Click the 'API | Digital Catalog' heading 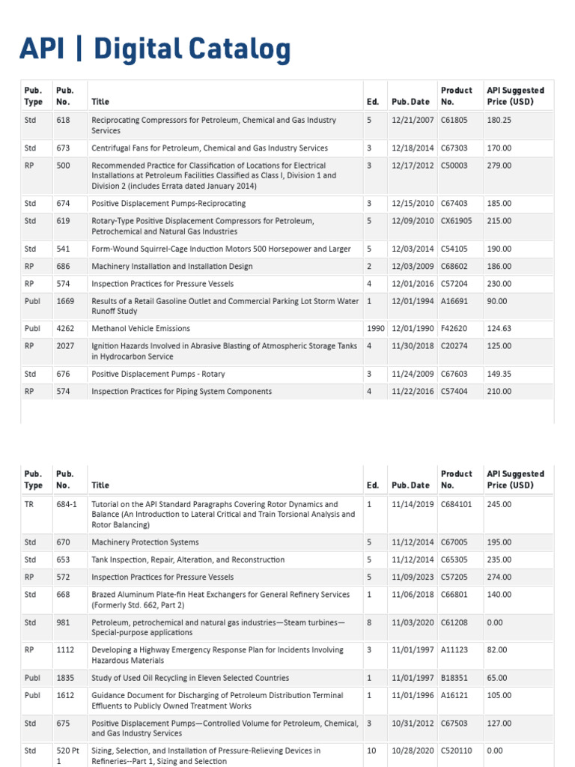coord(154,49)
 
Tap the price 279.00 coord(499,166)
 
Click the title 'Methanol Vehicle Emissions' coord(141,329)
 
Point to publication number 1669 coord(65,301)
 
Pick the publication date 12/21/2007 coord(412,120)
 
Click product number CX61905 coord(457,221)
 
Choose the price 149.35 coord(499,374)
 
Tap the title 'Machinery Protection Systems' coord(145,542)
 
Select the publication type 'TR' coord(29,504)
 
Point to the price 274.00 coord(499,577)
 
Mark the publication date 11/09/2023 coord(412,577)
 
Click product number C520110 coord(457,751)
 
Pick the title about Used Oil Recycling coord(190,678)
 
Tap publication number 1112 coord(65,650)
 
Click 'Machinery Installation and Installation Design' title coord(173,267)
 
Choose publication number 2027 coord(65,346)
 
